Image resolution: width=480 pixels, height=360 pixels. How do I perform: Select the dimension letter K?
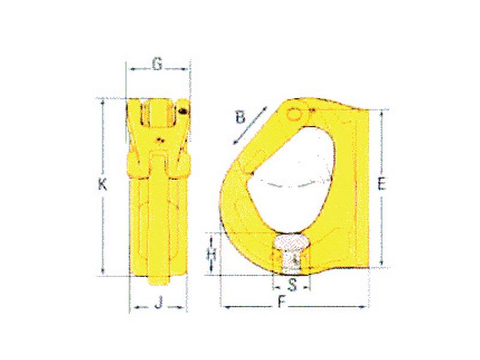pos(103,186)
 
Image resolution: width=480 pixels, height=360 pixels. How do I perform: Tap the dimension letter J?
pos(158,304)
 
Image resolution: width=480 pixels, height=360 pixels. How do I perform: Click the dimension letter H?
pos(211,254)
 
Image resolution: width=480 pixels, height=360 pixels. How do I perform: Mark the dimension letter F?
pos(282,304)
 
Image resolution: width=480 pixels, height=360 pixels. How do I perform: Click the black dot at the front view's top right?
pos(182,109)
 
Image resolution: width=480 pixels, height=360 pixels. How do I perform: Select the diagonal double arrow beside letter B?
pos(249,127)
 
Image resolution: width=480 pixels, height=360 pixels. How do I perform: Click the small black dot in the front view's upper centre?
pos(159,140)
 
